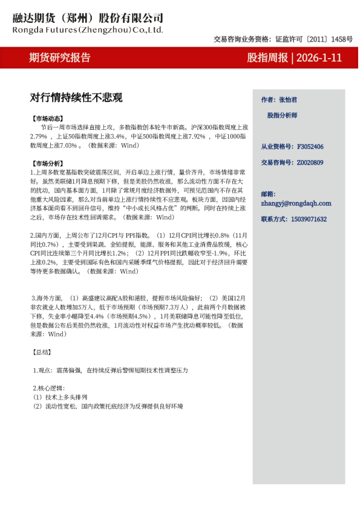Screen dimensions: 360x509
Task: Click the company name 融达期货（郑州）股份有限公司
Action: (88, 18)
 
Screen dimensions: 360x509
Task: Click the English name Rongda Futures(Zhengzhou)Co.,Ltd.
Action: (88, 29)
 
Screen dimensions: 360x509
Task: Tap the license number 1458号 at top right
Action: (342, 39)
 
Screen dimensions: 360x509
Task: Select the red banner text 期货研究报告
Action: (60, 58)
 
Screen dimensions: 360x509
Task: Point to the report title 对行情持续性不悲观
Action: (76, 97)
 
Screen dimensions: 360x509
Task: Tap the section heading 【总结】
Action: (41, 352)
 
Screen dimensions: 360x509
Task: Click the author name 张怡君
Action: (287, 99)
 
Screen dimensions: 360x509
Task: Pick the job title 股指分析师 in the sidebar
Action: (282, 115)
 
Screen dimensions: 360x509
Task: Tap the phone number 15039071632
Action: (310, 219)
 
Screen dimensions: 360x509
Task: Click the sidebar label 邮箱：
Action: (268, 194)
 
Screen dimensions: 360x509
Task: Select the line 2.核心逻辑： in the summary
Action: (48, 388)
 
